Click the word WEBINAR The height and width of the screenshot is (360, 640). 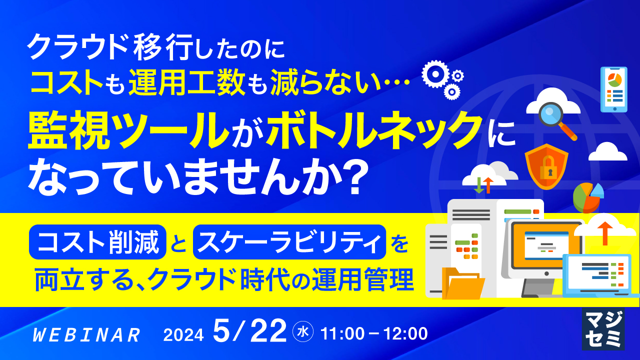tap(86, 335)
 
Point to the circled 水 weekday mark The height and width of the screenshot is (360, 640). tap(302, 332)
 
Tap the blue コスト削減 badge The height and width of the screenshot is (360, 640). tap(97, 242)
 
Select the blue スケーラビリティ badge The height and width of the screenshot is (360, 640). tap(289, 242)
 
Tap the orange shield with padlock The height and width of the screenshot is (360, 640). tap(546, 166)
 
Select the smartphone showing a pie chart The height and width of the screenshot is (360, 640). tap(613, 89)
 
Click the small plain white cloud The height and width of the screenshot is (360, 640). tap(607, 151)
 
